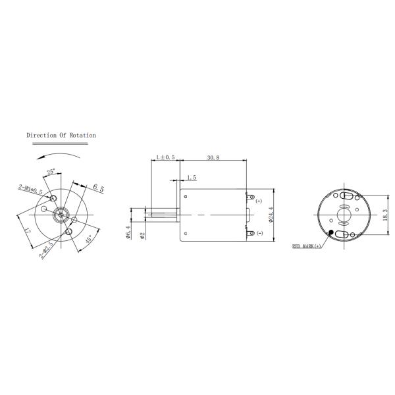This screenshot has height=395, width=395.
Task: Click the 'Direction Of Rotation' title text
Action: tap(61, 136)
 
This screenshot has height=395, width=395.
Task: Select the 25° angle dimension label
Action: tap(51, 173)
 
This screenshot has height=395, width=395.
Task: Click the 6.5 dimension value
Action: tap(99, 188)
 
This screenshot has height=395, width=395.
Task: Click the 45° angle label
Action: tap(91, 241)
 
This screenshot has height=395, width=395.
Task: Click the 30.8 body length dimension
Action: tap(213, 158)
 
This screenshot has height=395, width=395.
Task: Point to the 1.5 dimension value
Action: tap(191, 178)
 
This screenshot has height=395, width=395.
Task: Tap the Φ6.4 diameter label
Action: tap(128, 233)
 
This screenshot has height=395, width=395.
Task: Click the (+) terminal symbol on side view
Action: tap(259, 200)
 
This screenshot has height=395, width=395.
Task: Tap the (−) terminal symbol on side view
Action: tap(259, 233)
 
